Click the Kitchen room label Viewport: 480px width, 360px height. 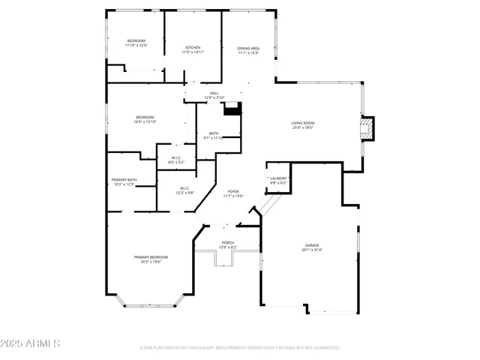[x=193, y=47]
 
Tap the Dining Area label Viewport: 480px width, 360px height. [x=248, y=48]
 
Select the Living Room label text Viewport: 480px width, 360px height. [x=303, y=123]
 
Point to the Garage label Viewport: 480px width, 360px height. [x=312, y=245]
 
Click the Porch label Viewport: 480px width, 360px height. [x=227, y=243]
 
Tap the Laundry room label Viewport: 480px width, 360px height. [x=278, y=178]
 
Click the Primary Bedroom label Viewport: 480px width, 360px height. [x=151, y=257]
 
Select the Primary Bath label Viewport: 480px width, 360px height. [x=124, y=180]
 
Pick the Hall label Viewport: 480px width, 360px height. [x=214, y=93]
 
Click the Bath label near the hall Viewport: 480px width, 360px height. [x=214, y=133]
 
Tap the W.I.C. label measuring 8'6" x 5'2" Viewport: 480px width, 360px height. [x=175, y=157]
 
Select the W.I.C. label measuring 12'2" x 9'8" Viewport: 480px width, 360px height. [x=185, y=188]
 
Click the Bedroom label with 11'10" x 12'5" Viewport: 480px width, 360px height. [x=136, y=40]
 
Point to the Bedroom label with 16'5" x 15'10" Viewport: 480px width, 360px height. [x=145, y=117]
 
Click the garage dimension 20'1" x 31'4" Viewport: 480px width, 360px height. [x=312, y=250]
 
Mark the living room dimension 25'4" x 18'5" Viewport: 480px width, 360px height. [x=303, y=128]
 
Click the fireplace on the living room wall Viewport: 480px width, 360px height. [x=366, y=128]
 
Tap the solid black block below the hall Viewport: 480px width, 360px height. [x=234, y=108]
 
